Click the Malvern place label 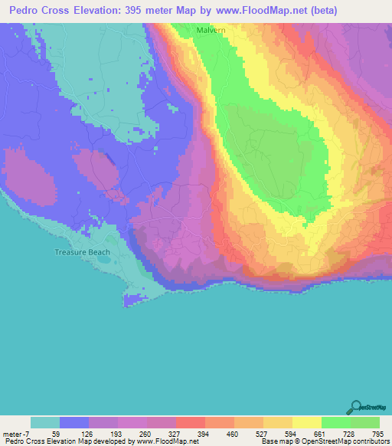[x=209, y=30]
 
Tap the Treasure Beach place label [x=82, y=252]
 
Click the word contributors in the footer [x=371, y=441]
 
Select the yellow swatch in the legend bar [x=307, y=422]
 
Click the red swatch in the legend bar [x=191, y=422]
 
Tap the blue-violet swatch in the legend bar [x=74, y=422]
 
